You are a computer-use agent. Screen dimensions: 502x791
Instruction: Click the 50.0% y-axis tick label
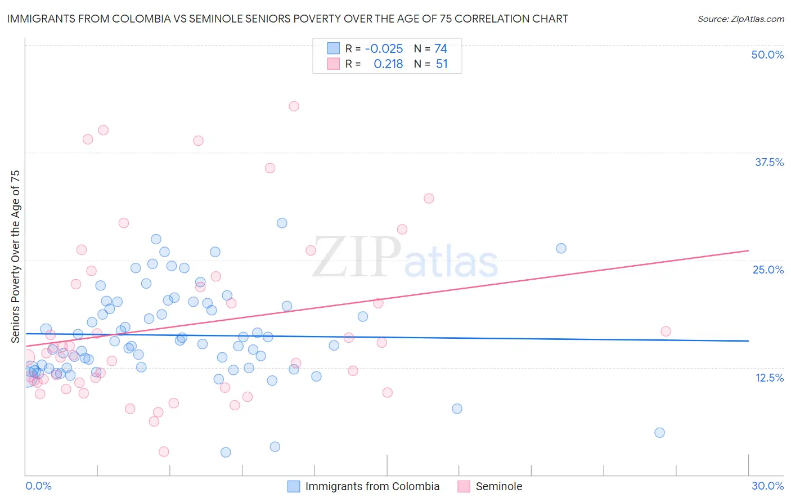[x=767, y=55]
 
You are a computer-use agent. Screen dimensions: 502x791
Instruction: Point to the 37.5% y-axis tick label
[x=769, y=162]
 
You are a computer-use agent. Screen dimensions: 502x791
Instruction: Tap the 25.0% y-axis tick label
[x=768, y=270]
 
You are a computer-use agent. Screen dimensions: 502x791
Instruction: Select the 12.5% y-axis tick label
[x=769, y=378]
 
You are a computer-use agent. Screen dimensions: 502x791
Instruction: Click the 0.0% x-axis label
[x=38, y=486]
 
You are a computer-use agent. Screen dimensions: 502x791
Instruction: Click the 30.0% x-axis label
[x=767, y=486]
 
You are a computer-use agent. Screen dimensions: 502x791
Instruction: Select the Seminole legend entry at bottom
[x=498, y=486]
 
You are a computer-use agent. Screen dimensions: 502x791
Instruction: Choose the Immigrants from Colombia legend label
[x=372, y=486]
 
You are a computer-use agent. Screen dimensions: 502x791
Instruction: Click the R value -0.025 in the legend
[x=384, y=49]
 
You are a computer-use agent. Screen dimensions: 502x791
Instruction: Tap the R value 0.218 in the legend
[x=388, y=64]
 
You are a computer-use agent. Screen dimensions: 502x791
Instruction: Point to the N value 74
[x=441, y=49]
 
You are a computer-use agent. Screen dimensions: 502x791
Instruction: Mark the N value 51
[x=442, y=64]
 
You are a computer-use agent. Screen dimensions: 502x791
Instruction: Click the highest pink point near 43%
[x=294, y=106]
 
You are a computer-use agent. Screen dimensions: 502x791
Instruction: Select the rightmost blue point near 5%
[x=659, y=432]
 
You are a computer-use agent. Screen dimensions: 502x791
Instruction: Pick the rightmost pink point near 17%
[x=666, y=331]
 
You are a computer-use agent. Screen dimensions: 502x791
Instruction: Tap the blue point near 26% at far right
[x=561, y=248]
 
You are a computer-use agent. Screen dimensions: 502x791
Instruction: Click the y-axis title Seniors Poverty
[x=16, y=256]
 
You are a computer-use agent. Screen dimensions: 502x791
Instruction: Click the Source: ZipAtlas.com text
[x=740, y=19]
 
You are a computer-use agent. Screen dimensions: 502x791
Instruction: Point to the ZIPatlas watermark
[x=405, y=258]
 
